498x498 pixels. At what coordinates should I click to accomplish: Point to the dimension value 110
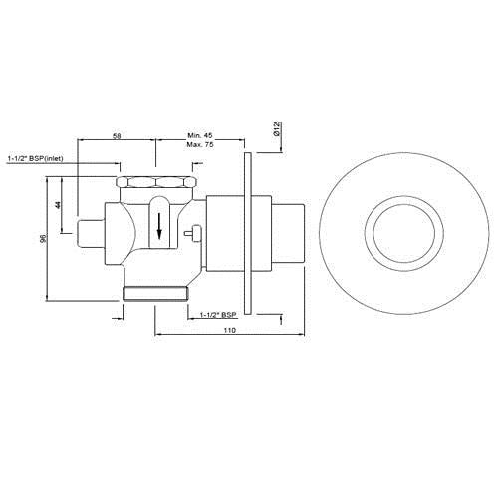pyautogui.click(x=230, y=330)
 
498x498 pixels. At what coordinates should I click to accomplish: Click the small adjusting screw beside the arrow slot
pyautogui.click(x=193, y=235)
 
